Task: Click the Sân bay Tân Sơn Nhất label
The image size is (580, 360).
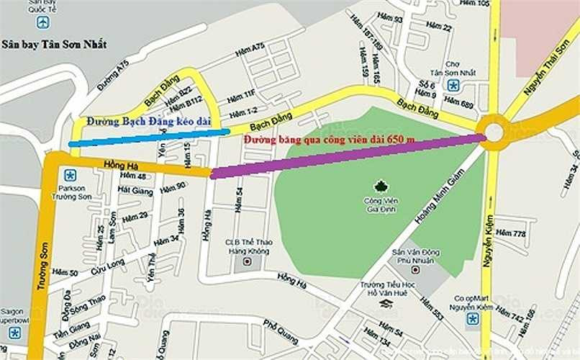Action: (x=54, y=44)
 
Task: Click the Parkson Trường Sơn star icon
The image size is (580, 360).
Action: (x=70, y=175)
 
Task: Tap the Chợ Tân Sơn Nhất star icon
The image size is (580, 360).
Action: (x=453, y=86)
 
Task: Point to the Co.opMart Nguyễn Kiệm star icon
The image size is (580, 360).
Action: (x=472, y=318)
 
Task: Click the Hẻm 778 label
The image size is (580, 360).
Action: (x=520, y=233)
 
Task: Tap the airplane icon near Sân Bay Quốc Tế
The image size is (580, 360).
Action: (x=42, y=22)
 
